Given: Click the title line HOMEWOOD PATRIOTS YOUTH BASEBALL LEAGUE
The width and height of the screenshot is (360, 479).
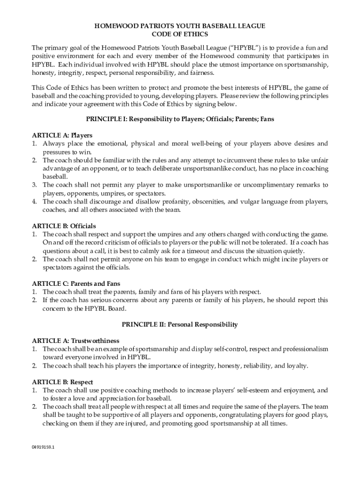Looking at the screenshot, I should (180, 26).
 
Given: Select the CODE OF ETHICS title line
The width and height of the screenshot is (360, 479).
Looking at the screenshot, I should (180, 34).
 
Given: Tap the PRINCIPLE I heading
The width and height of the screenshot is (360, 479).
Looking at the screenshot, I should (180, 119).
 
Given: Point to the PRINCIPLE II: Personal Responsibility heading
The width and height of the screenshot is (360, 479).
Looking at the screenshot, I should (180, 324).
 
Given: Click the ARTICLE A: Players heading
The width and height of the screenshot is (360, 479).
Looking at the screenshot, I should (62, 135).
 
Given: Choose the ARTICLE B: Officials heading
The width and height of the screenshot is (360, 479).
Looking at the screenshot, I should (64, 226).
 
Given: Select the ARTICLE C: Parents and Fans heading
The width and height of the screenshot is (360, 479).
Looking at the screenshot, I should (76, 283).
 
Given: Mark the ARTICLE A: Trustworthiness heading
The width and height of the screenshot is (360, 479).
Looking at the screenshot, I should (75, 341).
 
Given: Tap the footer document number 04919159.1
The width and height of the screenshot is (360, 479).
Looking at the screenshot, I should (43, 447).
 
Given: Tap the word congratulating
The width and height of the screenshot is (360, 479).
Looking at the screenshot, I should (246, 415).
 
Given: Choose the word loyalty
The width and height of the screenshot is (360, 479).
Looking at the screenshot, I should (296, 365).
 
